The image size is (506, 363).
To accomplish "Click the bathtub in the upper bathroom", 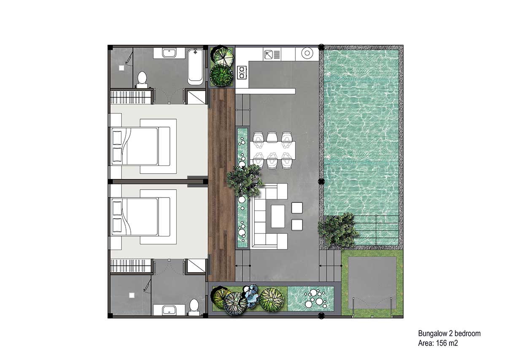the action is coord(195,67).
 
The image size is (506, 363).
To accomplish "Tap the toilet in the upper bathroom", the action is coord(142,80).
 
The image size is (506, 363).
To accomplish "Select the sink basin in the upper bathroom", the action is coord(169,53).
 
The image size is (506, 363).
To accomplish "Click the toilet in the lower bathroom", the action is coord(194,307).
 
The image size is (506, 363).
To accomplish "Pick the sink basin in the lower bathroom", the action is coord(169,310).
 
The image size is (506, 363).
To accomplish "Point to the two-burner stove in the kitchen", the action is coord(242,72).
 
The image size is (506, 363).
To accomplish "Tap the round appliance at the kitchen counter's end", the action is coord(307,53).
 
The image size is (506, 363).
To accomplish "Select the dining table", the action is coord(272,150).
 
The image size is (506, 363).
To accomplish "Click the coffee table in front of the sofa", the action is coord(278,216).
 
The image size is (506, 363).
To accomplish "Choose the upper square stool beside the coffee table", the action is coord(297,208).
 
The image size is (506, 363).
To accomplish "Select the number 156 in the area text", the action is coord(441,343).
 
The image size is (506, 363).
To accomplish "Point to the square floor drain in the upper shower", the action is coord(121,68).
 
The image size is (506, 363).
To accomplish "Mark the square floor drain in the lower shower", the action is coord(132,295).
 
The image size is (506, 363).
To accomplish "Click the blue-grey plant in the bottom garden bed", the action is coord(251,296).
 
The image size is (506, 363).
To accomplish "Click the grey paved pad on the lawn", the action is coord(372,283).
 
